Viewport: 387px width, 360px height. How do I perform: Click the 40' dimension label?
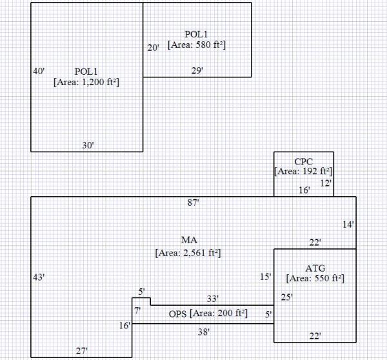tap(39, 71)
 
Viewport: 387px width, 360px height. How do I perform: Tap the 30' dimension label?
tap(88, 145)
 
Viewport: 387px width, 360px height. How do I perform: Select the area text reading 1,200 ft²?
tap(88, 82)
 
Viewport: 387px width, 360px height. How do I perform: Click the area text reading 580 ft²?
tap(197, 45)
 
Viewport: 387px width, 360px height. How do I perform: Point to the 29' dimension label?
tap(197, 70)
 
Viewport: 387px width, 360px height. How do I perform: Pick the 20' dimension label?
tap(153, 48)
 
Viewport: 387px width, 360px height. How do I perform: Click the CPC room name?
tap(304, 161)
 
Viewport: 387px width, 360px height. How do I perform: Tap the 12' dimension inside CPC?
tap(326, 183)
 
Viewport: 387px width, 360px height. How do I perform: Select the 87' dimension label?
tap(193, 203)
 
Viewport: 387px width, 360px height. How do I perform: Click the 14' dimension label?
tap(348, 225)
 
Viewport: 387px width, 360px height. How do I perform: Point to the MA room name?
tap(189, 241)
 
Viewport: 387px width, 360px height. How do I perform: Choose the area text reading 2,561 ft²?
tap(188, 253)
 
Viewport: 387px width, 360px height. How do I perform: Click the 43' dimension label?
tap(39, 277)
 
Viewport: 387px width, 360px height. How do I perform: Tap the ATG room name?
tap(315, 268)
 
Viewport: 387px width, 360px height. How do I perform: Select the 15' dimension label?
tap(265, 277)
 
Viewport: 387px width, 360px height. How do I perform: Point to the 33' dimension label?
tap(212, 299)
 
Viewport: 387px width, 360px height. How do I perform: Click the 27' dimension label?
tap(82, 351)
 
